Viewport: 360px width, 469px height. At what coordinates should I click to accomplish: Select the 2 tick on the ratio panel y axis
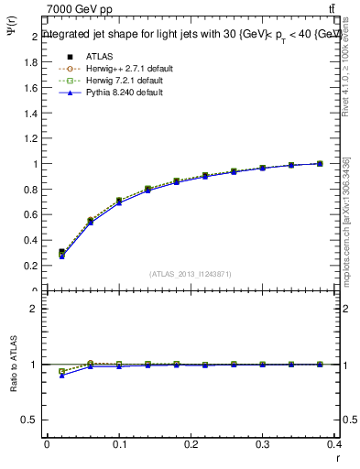36,309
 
